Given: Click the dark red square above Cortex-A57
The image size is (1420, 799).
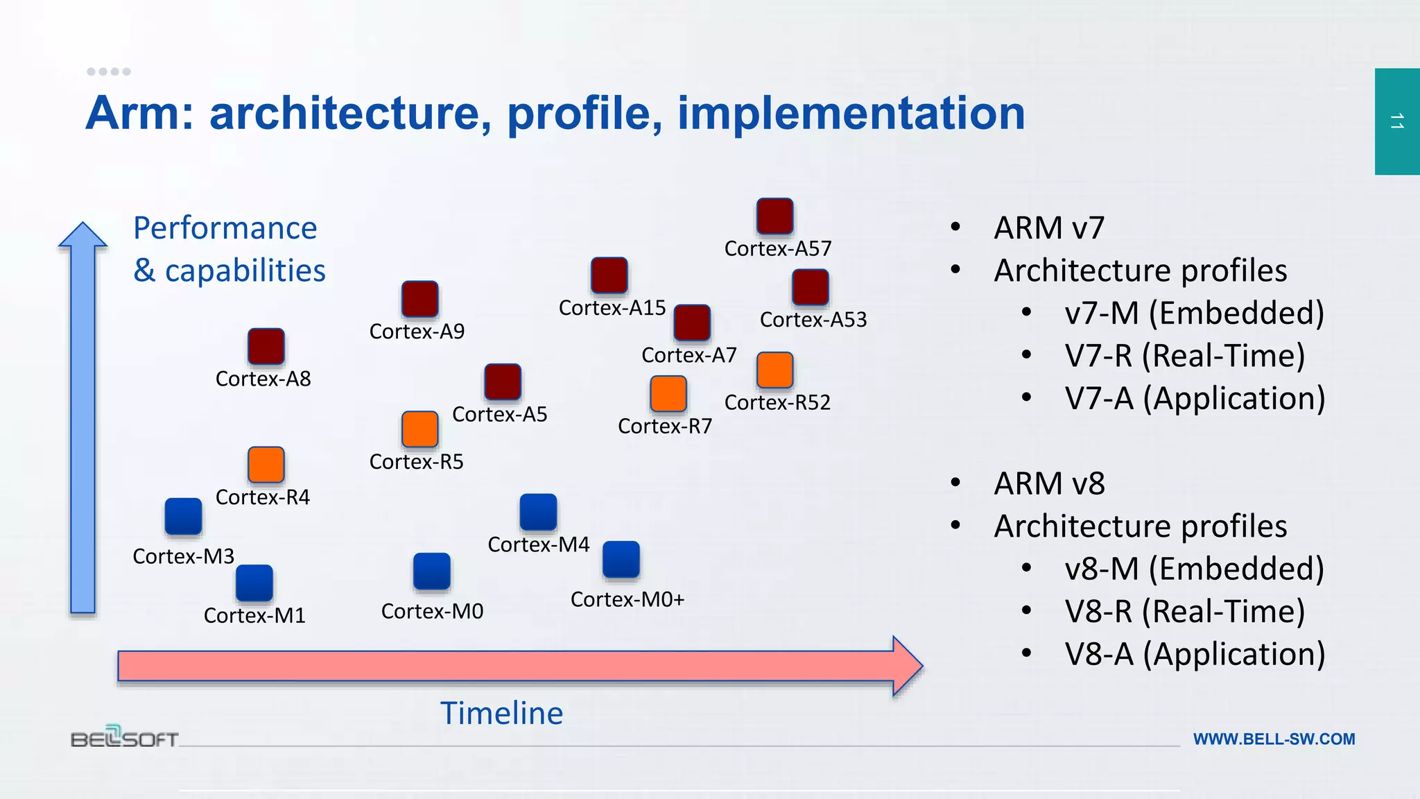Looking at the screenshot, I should point(774,216).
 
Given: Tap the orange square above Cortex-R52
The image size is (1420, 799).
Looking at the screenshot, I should point(774,370).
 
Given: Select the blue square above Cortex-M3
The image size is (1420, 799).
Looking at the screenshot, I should point(184,516).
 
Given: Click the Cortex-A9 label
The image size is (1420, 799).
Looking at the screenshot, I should point(417,332).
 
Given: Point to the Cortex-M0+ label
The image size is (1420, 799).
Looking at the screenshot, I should point(627,599).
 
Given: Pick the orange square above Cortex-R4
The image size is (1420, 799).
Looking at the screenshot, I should point(266,465).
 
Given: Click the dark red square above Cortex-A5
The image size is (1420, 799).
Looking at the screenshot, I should point(503,381).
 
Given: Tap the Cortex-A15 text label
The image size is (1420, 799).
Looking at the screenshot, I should point(612,308).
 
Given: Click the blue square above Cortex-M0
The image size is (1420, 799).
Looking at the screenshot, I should point(432,571).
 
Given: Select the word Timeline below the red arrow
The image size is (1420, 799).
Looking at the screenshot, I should point(502,713).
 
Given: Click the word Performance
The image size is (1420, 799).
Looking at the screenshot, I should point(225,228).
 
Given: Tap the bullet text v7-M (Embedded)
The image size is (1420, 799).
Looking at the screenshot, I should point(1194,313).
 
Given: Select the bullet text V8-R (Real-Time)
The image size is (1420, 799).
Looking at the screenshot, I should point(1184,611).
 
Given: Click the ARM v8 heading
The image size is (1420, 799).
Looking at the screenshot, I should point(1049,483).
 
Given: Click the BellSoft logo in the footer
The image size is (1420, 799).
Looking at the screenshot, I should point(125,737).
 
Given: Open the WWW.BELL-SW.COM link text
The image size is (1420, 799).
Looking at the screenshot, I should point(1274,739).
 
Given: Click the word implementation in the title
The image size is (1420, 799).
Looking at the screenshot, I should point(851,113).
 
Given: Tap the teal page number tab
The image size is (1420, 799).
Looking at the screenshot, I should point(1397,121).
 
